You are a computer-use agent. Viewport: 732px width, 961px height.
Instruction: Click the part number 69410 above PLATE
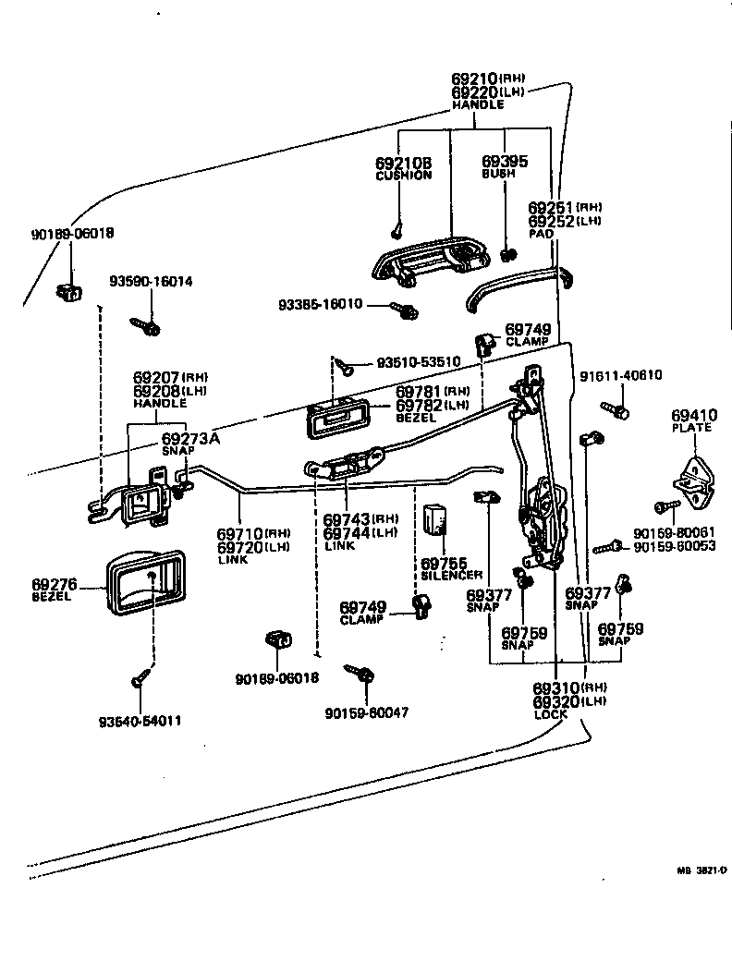[694, 416]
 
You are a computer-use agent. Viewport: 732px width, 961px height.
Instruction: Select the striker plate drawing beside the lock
[692, 480]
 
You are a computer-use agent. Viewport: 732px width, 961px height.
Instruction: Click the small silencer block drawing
[434, 520]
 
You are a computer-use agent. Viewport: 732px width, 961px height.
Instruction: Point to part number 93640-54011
[140, 720]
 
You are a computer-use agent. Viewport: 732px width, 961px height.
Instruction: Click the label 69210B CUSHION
[403, 168]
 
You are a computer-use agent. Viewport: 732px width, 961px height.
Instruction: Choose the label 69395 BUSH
[505, 166]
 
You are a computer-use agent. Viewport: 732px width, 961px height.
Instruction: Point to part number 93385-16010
[321, 304]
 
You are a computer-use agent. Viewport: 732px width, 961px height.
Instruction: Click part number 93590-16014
[151, 282]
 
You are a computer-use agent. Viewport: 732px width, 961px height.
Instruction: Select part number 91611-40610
[620, 375]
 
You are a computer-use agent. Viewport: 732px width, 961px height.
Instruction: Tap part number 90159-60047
[367, 712]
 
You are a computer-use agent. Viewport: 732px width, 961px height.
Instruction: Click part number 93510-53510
[419, 360]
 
